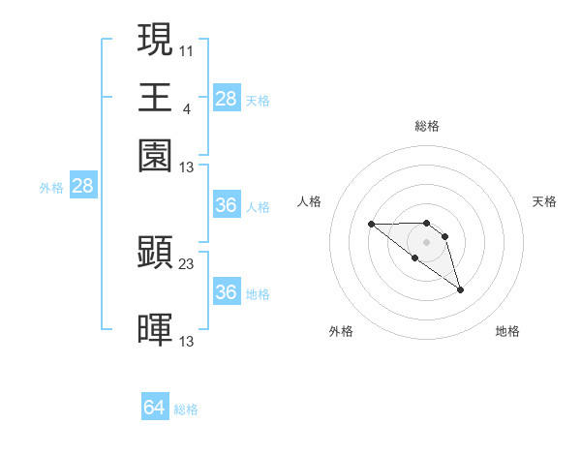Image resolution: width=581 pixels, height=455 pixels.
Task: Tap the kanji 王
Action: coord(155,97)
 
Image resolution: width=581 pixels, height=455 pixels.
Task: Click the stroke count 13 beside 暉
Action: coord(187,341)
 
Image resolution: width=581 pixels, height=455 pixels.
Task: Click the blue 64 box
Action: coord(154,409)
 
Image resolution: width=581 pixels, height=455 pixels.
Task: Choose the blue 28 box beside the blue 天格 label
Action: coord(226,99)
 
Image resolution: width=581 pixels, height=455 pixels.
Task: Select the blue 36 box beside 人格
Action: coord(226,205)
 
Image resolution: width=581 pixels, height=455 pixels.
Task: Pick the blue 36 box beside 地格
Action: coord(226,292)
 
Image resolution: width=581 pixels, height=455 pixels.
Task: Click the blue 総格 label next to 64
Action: coord(186,409)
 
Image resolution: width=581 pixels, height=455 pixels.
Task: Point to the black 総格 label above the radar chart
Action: coord(427,126)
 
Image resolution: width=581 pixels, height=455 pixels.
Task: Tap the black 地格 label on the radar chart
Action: coord(507,332)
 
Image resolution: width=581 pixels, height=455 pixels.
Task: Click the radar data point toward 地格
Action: coord(460,289)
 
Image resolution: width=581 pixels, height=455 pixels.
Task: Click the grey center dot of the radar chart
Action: coord(427,241)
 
